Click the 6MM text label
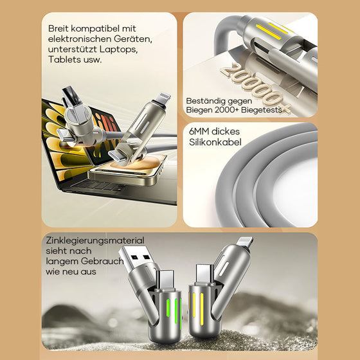(199, 131)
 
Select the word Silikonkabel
(215, 142)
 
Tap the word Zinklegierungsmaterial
(95, 240)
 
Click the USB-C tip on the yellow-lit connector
(205, 274)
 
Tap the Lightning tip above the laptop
(163, 98)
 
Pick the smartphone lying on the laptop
(128, 169)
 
